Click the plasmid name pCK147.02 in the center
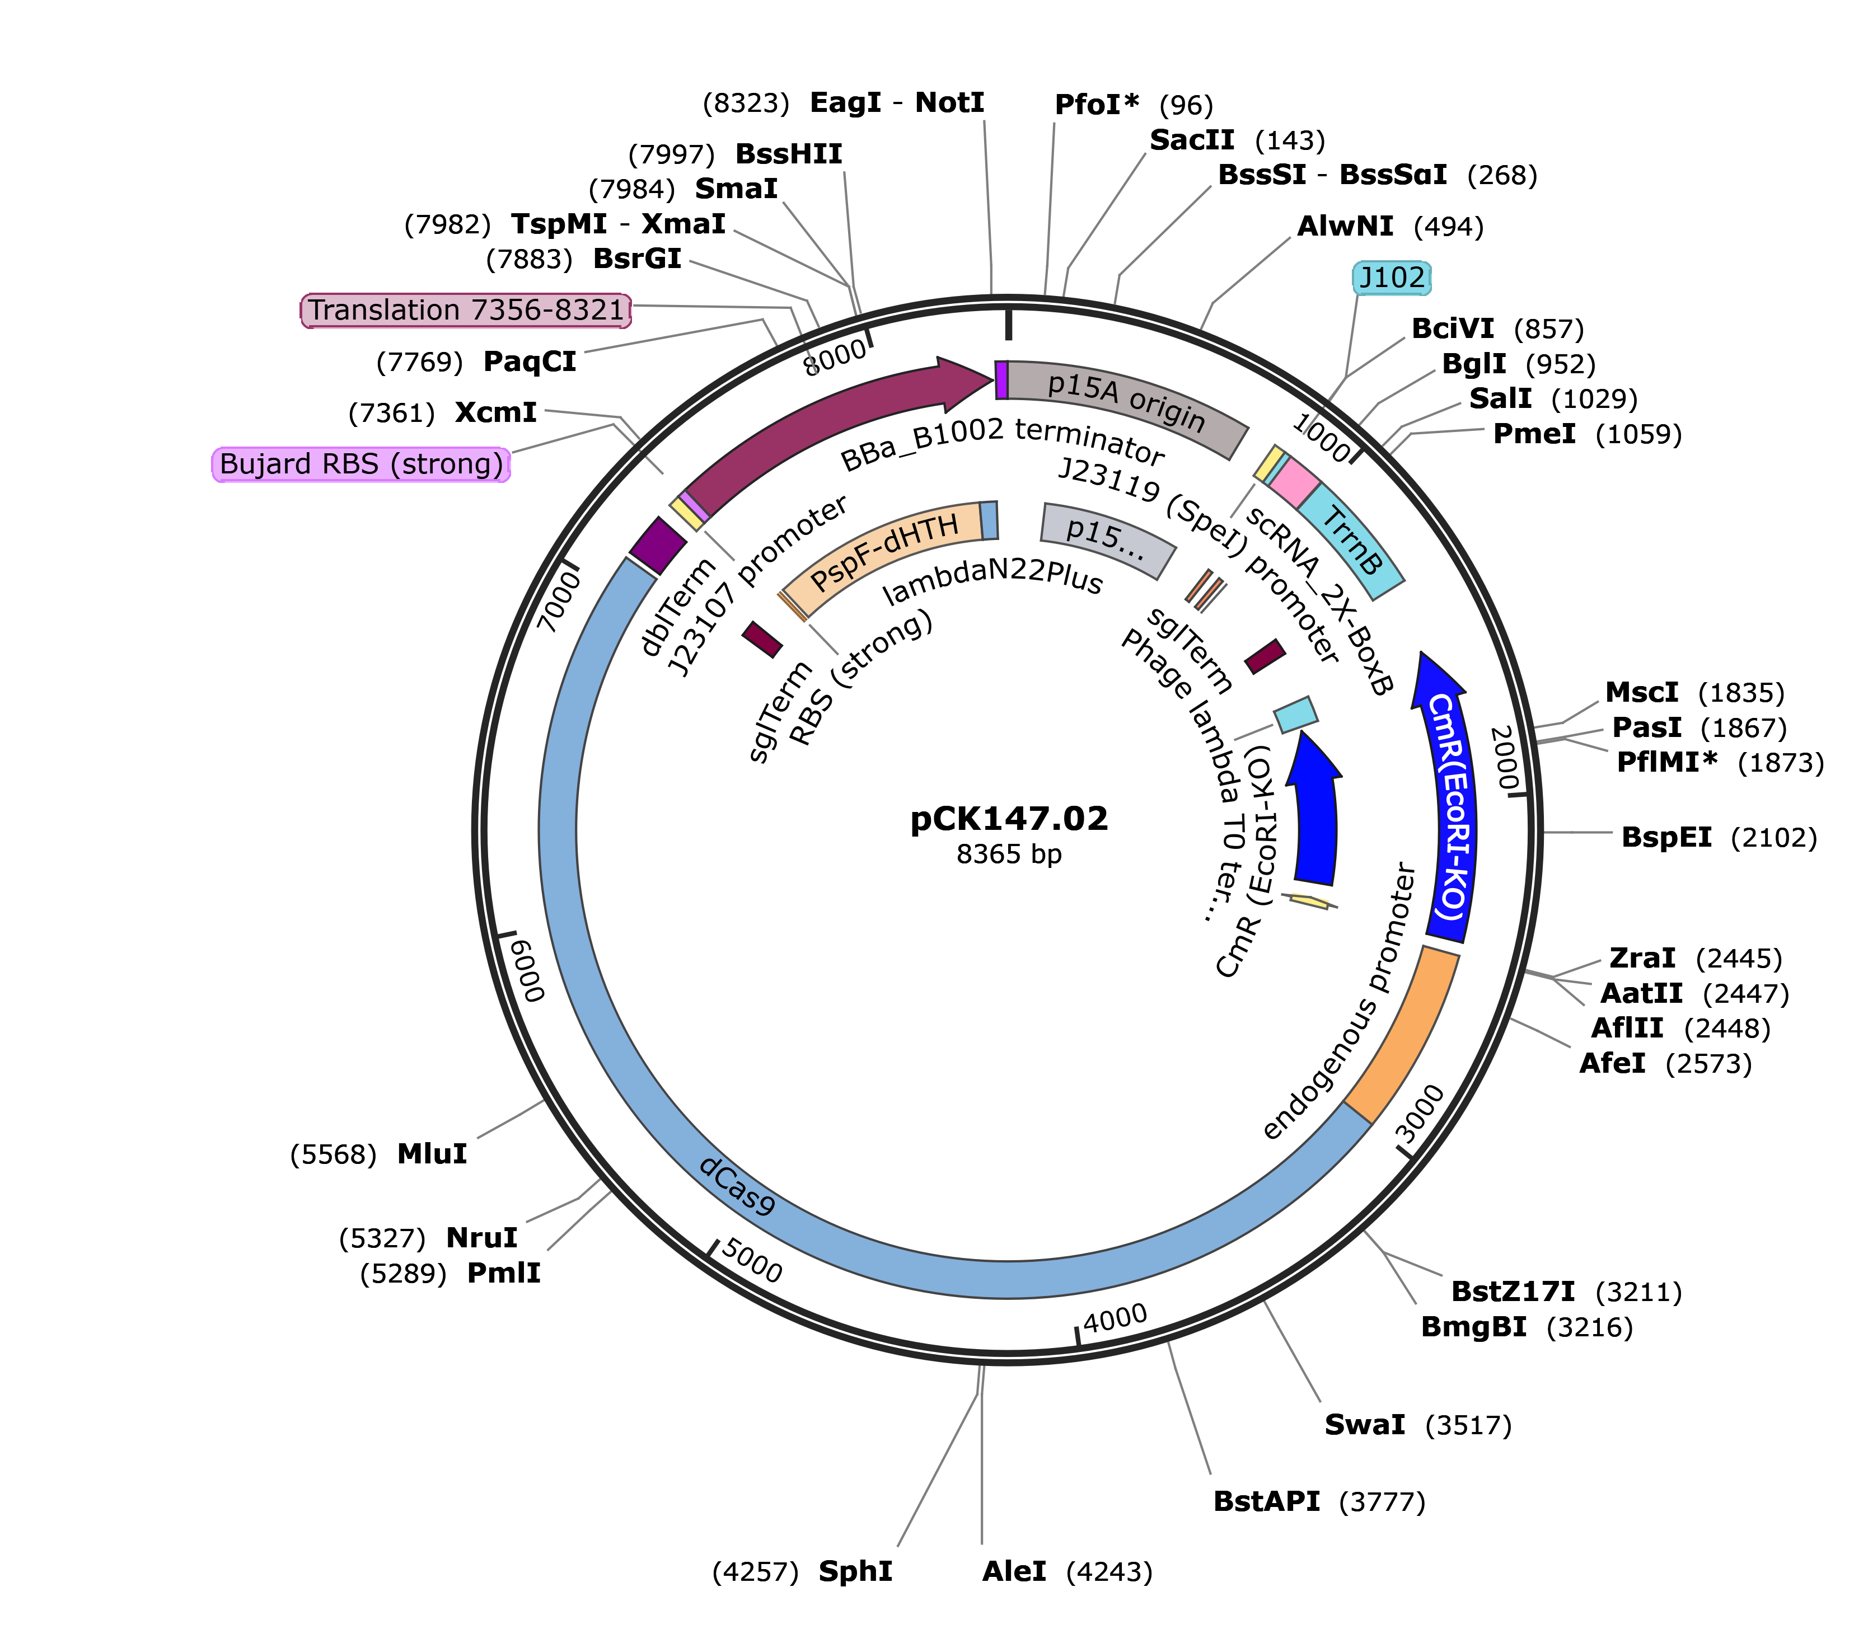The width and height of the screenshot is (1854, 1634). point(1009,819)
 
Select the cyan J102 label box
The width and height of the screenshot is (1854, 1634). point(1392,278)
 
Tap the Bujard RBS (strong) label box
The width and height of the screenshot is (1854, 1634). point(361,464)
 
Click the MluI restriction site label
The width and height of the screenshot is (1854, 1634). point(432,1154)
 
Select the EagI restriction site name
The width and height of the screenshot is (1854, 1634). point(845,102)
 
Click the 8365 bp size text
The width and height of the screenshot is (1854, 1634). point(1009,854)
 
